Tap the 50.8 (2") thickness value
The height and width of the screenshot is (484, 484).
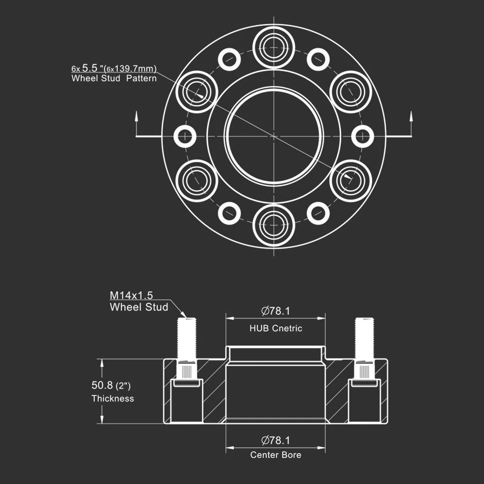click(111, 386)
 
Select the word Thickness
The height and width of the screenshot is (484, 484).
click(112, 398)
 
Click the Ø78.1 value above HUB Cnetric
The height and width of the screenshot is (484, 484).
click(276, 311)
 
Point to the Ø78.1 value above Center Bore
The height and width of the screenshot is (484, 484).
click(276, 440)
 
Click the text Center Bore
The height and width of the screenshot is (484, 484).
click(276, 455)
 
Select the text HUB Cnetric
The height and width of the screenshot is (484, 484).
click(276, 328)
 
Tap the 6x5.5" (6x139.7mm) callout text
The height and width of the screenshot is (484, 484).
click(114, 68)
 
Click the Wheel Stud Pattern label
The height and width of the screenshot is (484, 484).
click(114, 79)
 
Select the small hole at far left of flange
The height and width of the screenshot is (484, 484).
click(185, 136)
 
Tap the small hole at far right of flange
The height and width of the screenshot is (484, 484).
click(362, 136)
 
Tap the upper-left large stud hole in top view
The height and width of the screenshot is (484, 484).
click(197, 92)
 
